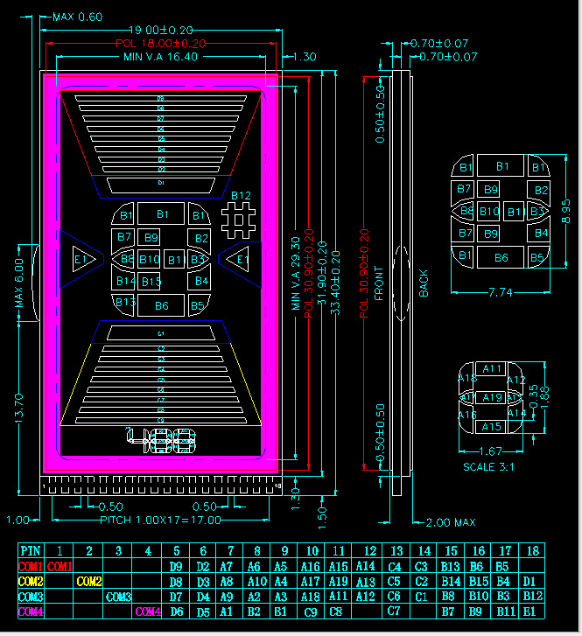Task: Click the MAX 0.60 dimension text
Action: [77, 17]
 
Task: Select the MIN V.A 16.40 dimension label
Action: [161, 56]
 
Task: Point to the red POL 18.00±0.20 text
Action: [161, 43]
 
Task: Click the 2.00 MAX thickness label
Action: [451, 522]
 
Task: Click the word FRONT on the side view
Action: [379, 283]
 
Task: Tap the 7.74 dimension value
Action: [501, 291]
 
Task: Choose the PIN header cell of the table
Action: [31, 551]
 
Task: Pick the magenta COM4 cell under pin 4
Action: [148, 612]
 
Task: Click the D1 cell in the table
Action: [529, 581]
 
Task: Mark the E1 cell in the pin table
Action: [529, 612]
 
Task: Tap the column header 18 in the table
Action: [529, 551]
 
